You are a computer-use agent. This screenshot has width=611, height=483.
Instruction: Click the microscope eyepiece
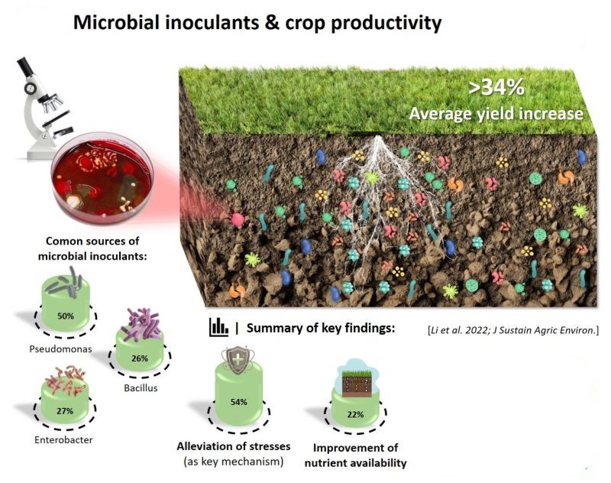point(24,66)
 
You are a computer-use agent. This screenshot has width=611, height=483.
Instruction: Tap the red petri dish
point(102,179)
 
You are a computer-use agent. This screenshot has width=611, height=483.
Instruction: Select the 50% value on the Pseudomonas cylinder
point(66,316)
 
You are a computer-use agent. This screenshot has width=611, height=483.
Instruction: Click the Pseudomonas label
point(61,349)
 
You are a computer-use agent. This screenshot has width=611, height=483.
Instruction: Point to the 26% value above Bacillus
point(140,358)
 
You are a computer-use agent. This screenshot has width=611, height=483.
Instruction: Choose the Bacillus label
point(141,388)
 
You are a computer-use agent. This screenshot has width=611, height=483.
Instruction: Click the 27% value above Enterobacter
point(65,411)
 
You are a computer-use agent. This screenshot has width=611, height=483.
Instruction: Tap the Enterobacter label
point(63,440)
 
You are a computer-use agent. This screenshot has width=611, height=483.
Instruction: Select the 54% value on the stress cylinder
point(238,402)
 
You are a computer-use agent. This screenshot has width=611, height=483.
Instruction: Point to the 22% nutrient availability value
point(355,414)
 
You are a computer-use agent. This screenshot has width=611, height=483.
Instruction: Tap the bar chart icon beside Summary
point(218,327)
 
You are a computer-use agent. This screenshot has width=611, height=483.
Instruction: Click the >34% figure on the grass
point(496,88)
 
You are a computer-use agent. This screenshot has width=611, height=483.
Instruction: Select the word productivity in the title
point(386,23)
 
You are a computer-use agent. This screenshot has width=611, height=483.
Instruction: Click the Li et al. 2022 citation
point(513,331)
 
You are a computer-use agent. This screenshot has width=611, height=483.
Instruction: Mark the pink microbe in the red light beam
point(238,219)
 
